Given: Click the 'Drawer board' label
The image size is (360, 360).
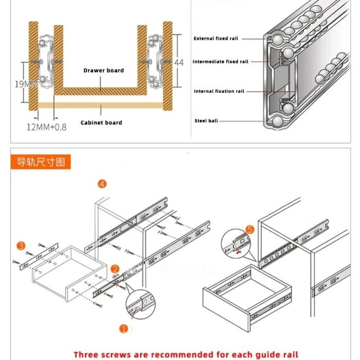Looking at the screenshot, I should point(103,70).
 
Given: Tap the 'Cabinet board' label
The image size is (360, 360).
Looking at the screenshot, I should point(101,122).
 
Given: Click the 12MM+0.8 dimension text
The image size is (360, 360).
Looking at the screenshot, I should point(46,127).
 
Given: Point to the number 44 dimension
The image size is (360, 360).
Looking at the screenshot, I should point(179,62).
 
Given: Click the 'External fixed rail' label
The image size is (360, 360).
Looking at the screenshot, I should point(215,39).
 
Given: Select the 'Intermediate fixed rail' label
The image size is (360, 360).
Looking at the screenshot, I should point(220,62).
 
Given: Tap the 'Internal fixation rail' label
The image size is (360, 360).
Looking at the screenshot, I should point(219,92).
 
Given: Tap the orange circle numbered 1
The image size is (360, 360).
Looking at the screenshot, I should point(123,328).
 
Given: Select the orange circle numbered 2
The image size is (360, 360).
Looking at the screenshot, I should point(115,268).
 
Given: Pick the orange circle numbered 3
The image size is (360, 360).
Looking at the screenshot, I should point(21,245).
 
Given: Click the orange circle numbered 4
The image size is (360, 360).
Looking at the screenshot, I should point(102,184).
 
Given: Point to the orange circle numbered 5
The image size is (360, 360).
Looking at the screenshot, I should point(250,230).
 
